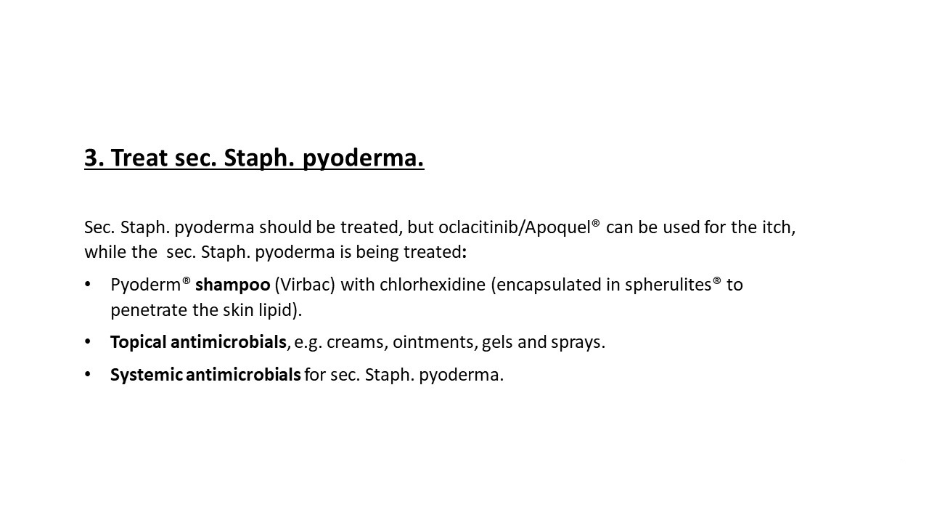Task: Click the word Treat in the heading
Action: click(x=139, y=158)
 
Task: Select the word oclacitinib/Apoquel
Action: click(x=515, y=227)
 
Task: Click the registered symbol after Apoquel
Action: click(x=596, y=223)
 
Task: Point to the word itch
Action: click(x=779, y=227)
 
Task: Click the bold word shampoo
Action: click(x=233, y=285)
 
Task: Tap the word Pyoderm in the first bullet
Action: click(x=146, y=285)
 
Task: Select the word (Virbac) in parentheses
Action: click(x=305, y=285)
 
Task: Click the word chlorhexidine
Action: click(x=432, y=285)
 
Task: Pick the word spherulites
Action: click(x=668, y=285)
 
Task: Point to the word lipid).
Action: click(x=280, y=310)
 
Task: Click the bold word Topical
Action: click(x=138, y=343)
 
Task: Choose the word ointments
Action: click(x=433, y=342)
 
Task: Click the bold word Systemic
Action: click(x=147, y=376)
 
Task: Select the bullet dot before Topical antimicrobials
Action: click(x=88, y=341)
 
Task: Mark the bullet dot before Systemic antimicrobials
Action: click(x=88, y=374)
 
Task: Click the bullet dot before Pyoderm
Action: click(x=88, y=284)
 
